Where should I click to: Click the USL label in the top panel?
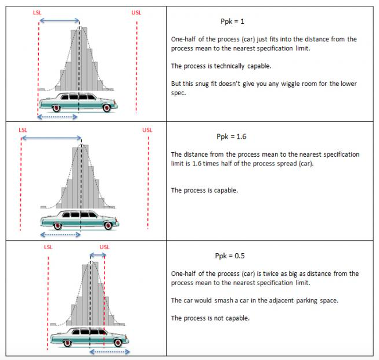[x=136, y=12]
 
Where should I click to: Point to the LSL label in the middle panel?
[x=23, y=129]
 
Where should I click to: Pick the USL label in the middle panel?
[x=147, y=129]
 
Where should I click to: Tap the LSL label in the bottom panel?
[x=49, y=247]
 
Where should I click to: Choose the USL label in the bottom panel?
[x=104, y=247]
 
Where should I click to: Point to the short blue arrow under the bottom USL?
[x=97, y=255]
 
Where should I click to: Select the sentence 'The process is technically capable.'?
[x=221, y=66]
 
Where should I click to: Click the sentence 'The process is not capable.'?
[x=210, y=318]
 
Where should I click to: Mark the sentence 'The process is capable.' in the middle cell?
[x=204, y=190]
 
